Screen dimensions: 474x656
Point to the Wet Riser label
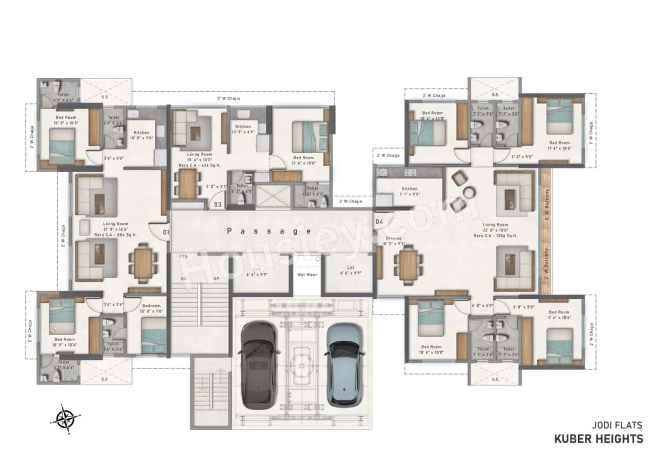307,275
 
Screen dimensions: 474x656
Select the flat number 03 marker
218,204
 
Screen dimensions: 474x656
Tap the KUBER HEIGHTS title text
598,439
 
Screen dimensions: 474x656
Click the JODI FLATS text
617,425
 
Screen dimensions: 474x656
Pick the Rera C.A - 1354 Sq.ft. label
495,236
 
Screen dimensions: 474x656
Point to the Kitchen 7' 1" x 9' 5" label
409,192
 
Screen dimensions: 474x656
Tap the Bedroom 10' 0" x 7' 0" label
151,308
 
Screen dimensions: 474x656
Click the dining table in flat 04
408,264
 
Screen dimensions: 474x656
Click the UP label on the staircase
217,279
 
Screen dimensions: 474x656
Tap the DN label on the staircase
183,279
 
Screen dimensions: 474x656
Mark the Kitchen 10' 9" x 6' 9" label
243,129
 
